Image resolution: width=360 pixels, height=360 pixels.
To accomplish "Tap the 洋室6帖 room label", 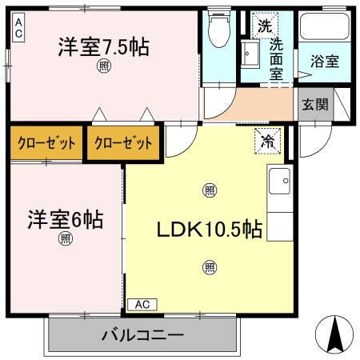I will click(66, 218).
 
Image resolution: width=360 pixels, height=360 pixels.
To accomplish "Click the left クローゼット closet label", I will click(47, 144).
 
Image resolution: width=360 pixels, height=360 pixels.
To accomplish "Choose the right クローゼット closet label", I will click(122, 144).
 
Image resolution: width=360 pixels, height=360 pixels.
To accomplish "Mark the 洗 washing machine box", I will click(264, 26).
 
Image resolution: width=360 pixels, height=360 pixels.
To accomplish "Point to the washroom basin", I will click(250, 55).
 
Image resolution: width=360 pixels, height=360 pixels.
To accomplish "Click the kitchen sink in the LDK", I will click(279, 182).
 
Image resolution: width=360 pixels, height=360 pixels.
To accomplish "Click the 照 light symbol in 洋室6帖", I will click(66, 238).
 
